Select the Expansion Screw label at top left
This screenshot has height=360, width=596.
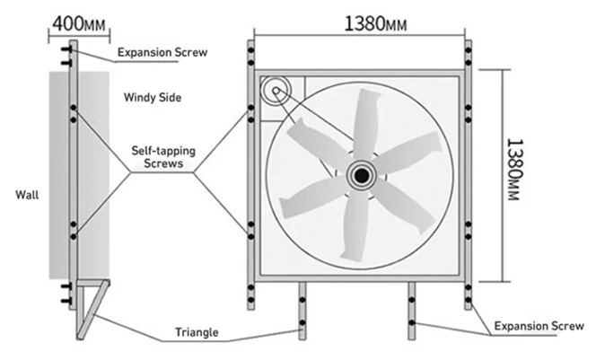[x=162, y=52]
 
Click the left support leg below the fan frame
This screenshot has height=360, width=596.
[x=303, y=310]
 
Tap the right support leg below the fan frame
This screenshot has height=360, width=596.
[x=411, y=310]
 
